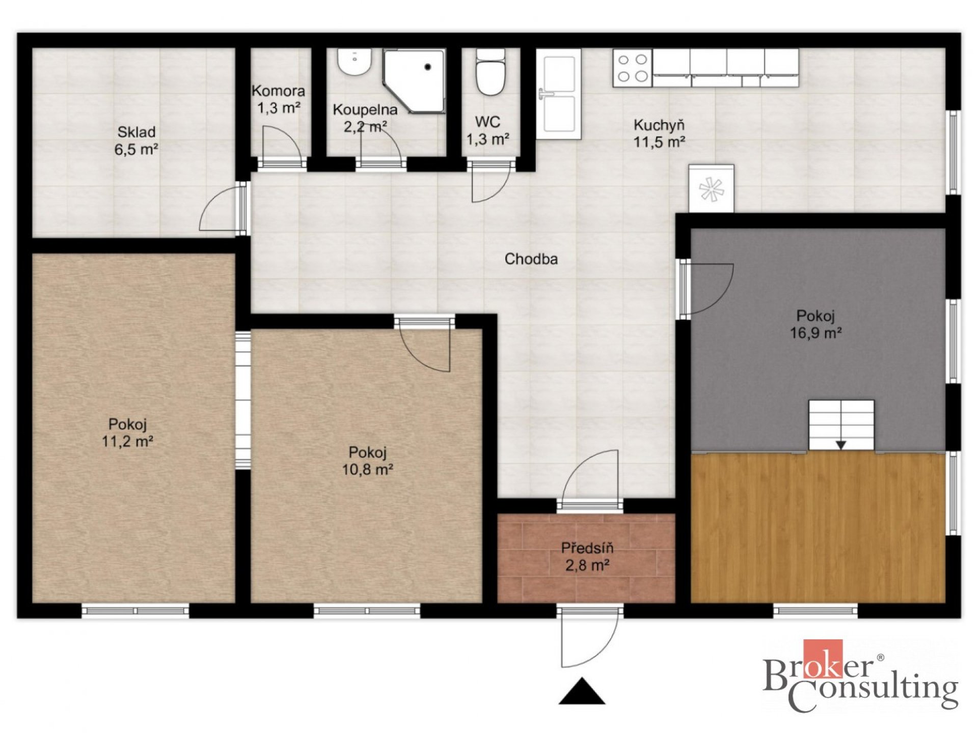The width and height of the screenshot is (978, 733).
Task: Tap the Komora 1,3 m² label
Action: (278, 99)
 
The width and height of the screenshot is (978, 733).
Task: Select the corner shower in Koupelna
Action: (414, 81)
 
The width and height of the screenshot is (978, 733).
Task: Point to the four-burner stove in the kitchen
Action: (632, 68)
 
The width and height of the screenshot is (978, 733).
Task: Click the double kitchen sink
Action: (558, 94)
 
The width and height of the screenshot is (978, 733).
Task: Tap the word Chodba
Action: (531, 259)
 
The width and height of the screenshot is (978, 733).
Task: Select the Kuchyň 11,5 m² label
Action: (659, 133)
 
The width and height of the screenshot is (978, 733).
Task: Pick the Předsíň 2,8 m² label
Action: (587, 556)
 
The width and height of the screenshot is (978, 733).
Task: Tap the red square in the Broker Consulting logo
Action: (823, 659)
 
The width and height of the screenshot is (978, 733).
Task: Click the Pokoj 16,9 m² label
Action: (816, 324)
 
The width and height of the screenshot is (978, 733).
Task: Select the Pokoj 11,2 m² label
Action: (127, 433)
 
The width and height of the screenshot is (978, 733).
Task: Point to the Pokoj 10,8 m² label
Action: (367, 461)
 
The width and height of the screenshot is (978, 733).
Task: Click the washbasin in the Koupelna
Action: (354, 62)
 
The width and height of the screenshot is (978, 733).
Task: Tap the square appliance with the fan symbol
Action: (711, 188)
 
